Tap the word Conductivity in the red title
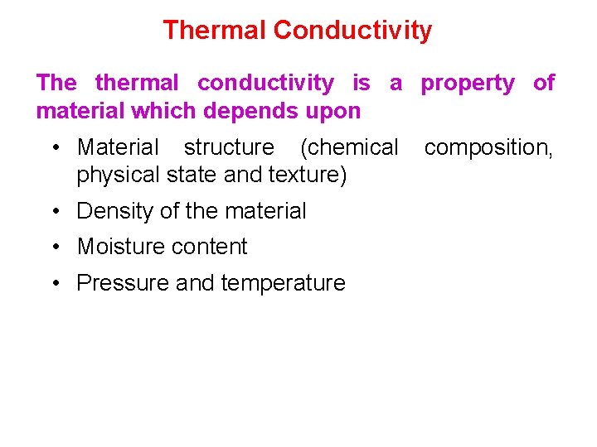tap(352, 31)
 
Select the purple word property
tap(467, 84)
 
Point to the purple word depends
tap(270, 110)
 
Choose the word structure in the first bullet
tap(229, 147)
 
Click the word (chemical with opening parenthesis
tap(349, 147)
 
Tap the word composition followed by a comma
tap(488, 148)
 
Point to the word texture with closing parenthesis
tap(308, 175)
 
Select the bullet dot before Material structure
tap(54, 148)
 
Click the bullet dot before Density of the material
tap(54, 212)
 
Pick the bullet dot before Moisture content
tap(54, 248)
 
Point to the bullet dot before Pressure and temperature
tap(54, 284)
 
